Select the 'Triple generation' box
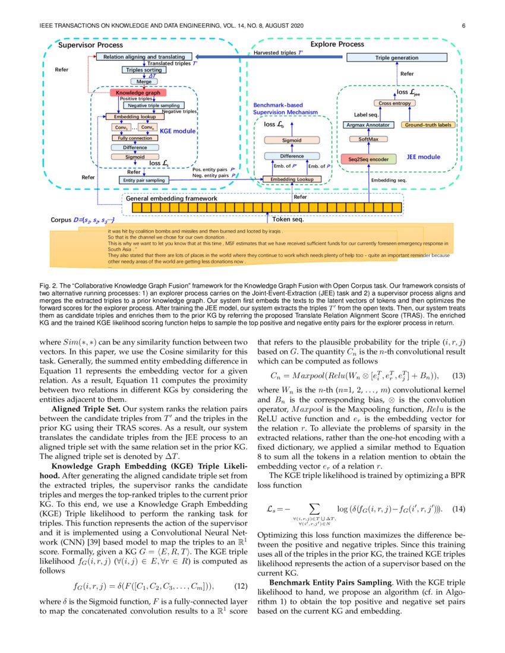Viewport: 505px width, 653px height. pos(396,58)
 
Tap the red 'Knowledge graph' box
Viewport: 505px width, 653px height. pos(137,93)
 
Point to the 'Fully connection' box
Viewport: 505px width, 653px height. pos(134,138)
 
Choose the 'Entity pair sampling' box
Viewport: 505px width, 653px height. pos(144,179)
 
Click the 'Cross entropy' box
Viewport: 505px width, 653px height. pos(395,103)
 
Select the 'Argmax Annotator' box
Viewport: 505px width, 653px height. pos(368,125)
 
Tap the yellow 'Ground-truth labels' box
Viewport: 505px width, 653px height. pos(428,125)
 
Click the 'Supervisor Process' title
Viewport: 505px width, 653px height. pos(90,45)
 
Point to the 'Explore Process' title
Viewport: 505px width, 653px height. pos(337,45)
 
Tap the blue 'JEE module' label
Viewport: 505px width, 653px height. pos(423,157)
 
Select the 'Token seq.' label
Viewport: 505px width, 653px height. pos(288,220)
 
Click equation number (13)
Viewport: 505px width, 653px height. pos(460,375)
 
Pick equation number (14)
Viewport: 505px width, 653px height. pos(460,509)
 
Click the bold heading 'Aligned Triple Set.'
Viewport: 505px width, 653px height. pos(86,410)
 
